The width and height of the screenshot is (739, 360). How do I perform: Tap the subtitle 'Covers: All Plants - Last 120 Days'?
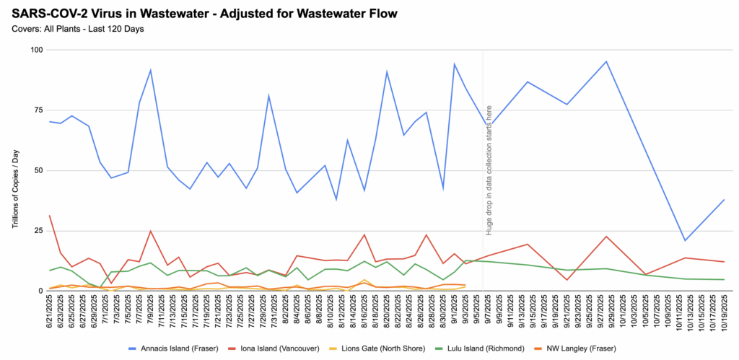(77, 29)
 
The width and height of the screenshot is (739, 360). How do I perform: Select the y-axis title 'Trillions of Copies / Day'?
(15, 188)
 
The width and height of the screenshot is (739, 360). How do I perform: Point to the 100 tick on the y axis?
(35, 50)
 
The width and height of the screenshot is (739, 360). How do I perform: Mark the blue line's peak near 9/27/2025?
(606, 61)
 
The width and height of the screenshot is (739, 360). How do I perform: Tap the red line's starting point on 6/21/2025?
(49, 215)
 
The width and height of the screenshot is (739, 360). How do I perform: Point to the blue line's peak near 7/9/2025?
(150, 70)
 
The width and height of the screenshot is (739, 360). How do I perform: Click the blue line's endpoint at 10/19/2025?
(724, 200)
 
